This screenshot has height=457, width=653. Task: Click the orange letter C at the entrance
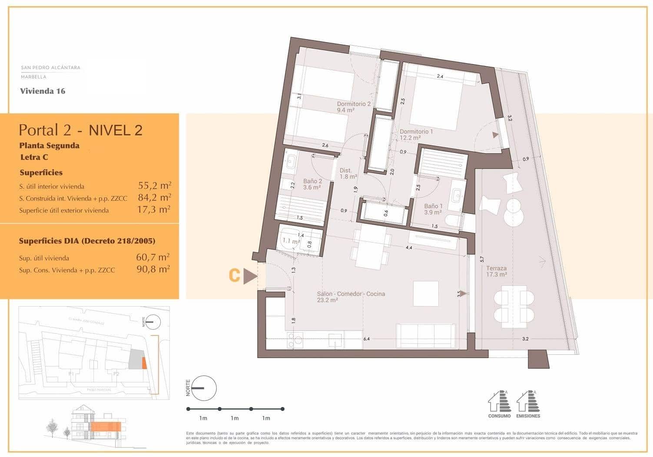coord(235,276)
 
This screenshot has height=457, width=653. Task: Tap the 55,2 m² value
coord(154,186)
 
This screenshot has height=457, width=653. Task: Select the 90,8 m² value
coord(153,269)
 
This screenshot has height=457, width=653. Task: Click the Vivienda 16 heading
coord(43,91)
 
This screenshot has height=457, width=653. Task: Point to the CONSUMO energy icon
coord(499,402)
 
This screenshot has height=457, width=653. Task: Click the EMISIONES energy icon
coord(528,402)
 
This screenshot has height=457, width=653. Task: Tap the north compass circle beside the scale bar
coord(204,388)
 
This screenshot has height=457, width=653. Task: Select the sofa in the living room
coord(426,337)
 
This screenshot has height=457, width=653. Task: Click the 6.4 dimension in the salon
coord(366,339)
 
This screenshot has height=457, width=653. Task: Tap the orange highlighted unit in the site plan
coord(145,362)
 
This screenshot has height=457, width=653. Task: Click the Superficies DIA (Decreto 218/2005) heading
coord(87,241)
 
